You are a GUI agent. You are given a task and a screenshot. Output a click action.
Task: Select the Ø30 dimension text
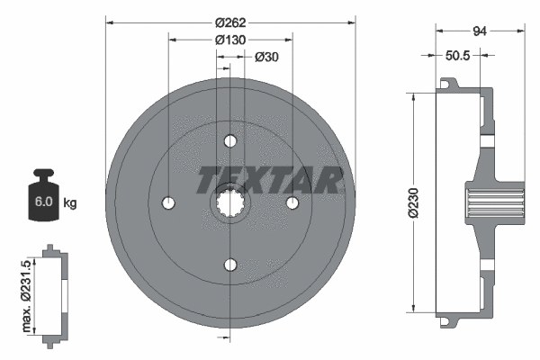[265, 58]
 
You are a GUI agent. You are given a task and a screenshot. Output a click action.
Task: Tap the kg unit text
[70, 203]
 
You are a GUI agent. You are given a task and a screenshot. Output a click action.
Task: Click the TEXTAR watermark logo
[269, 180]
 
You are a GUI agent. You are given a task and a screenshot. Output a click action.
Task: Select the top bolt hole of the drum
[230, 141]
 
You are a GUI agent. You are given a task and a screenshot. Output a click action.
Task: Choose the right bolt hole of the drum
[292, 202]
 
